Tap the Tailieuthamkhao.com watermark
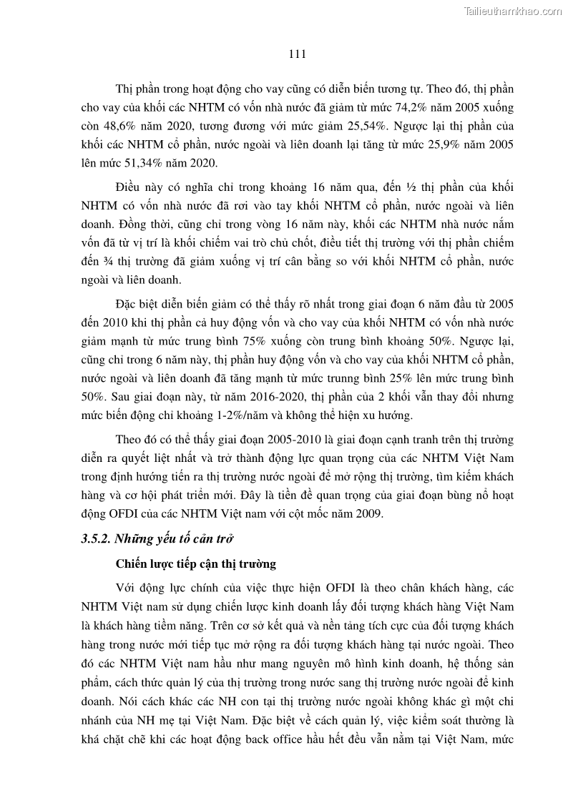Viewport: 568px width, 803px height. pyautogui.click(x=514, y=11)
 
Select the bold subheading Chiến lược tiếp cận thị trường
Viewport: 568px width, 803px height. pyautogui.click(x=196, y=564)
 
